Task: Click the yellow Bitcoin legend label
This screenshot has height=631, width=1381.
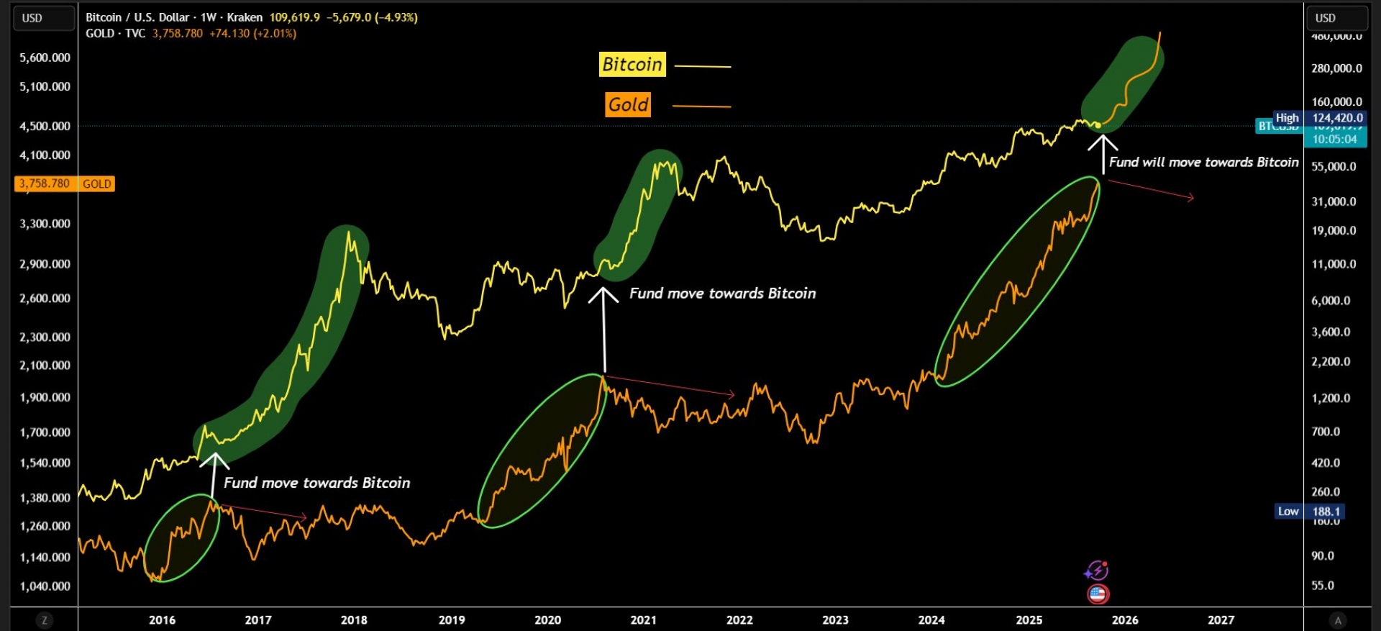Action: click(x=632, y=65)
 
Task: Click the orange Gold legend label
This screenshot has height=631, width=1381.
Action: click(x=629, y=105)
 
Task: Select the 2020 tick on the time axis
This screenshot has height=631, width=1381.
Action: click(x=547, y=619)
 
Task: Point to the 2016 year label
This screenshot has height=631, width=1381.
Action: click(x=162, y=619)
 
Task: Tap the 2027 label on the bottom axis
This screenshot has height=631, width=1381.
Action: click(x=1221, y=619)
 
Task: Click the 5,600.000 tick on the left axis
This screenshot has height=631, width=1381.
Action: click(x=45, y=58)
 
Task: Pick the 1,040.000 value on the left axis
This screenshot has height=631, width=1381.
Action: click(x=45, y=586)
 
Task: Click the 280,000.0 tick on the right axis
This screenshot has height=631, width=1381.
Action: click(x=1336, y=68)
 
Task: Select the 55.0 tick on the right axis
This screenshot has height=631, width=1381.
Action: click(x=1322, y=586)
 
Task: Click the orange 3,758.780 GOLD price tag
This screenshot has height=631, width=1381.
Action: click(x=64, y=184)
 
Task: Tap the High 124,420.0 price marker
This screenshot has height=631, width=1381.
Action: click(x=1319, y=118)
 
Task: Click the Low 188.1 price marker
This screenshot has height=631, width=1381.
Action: click(x=1309, y=512)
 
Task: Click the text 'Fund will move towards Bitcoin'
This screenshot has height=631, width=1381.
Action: click(x=1203, y=163)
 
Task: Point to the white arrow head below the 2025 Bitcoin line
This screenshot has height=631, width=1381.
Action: click(x=1103, y=142)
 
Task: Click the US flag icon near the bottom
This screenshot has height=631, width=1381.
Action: click(x=1098, y=594)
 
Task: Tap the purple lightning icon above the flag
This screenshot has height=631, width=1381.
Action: click(x=1097, y=571)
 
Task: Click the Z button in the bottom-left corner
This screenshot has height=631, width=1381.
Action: click(x=45, y=620)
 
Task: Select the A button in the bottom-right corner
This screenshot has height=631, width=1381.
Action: click(x=1338, y=620)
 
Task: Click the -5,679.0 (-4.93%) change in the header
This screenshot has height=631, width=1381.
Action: click(x=372, y=17)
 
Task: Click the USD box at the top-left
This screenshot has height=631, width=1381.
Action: click(x=44, y=18)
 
